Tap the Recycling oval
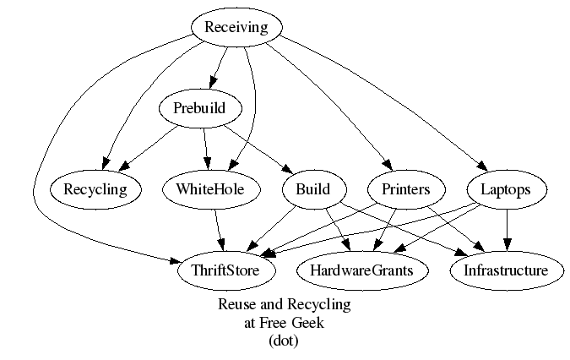(x=95, y=189)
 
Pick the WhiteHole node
(x=210, y=189)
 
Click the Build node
(x=307, y=189)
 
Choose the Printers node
(x=400, y=189)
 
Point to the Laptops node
(x=506, y=189)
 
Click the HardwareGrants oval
(x=361, y=270)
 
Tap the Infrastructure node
(x=505, y=270)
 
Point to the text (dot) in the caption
(x=284, y=341)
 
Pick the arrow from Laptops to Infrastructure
(x=506, y=230)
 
